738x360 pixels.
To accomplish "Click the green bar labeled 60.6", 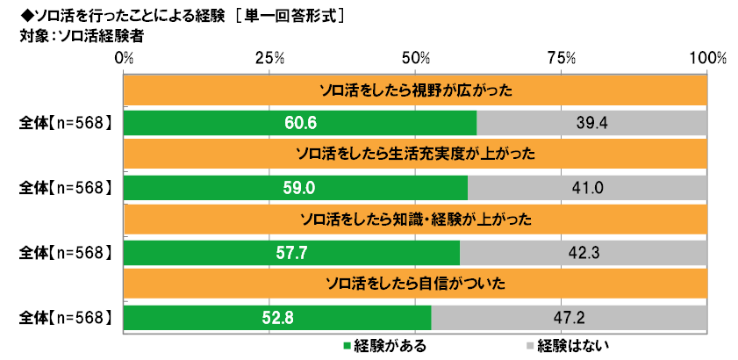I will (300, 123).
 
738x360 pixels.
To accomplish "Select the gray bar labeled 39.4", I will (592, 123).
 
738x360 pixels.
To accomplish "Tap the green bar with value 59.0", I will (296, 188).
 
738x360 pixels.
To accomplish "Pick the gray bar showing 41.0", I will (588, 188).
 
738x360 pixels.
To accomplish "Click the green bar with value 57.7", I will (291, 253).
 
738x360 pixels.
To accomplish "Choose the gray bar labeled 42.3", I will (584, 253).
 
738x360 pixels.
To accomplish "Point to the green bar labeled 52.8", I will (277, 317).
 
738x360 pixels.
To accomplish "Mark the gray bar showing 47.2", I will (570, 317).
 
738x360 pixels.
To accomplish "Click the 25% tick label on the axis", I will (269, 58).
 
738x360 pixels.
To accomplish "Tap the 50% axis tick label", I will (415, 58).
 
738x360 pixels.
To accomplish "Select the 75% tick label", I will (562, 58).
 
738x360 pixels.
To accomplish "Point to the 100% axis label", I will (707, 58).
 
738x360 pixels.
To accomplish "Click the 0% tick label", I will (124, 58).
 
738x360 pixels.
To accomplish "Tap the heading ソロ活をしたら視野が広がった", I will (415, 90).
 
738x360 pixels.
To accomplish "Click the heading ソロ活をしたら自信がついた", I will (415, 284).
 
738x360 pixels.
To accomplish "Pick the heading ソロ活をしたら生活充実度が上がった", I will (415, 155).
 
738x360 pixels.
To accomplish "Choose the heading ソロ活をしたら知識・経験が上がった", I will (415, 220).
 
